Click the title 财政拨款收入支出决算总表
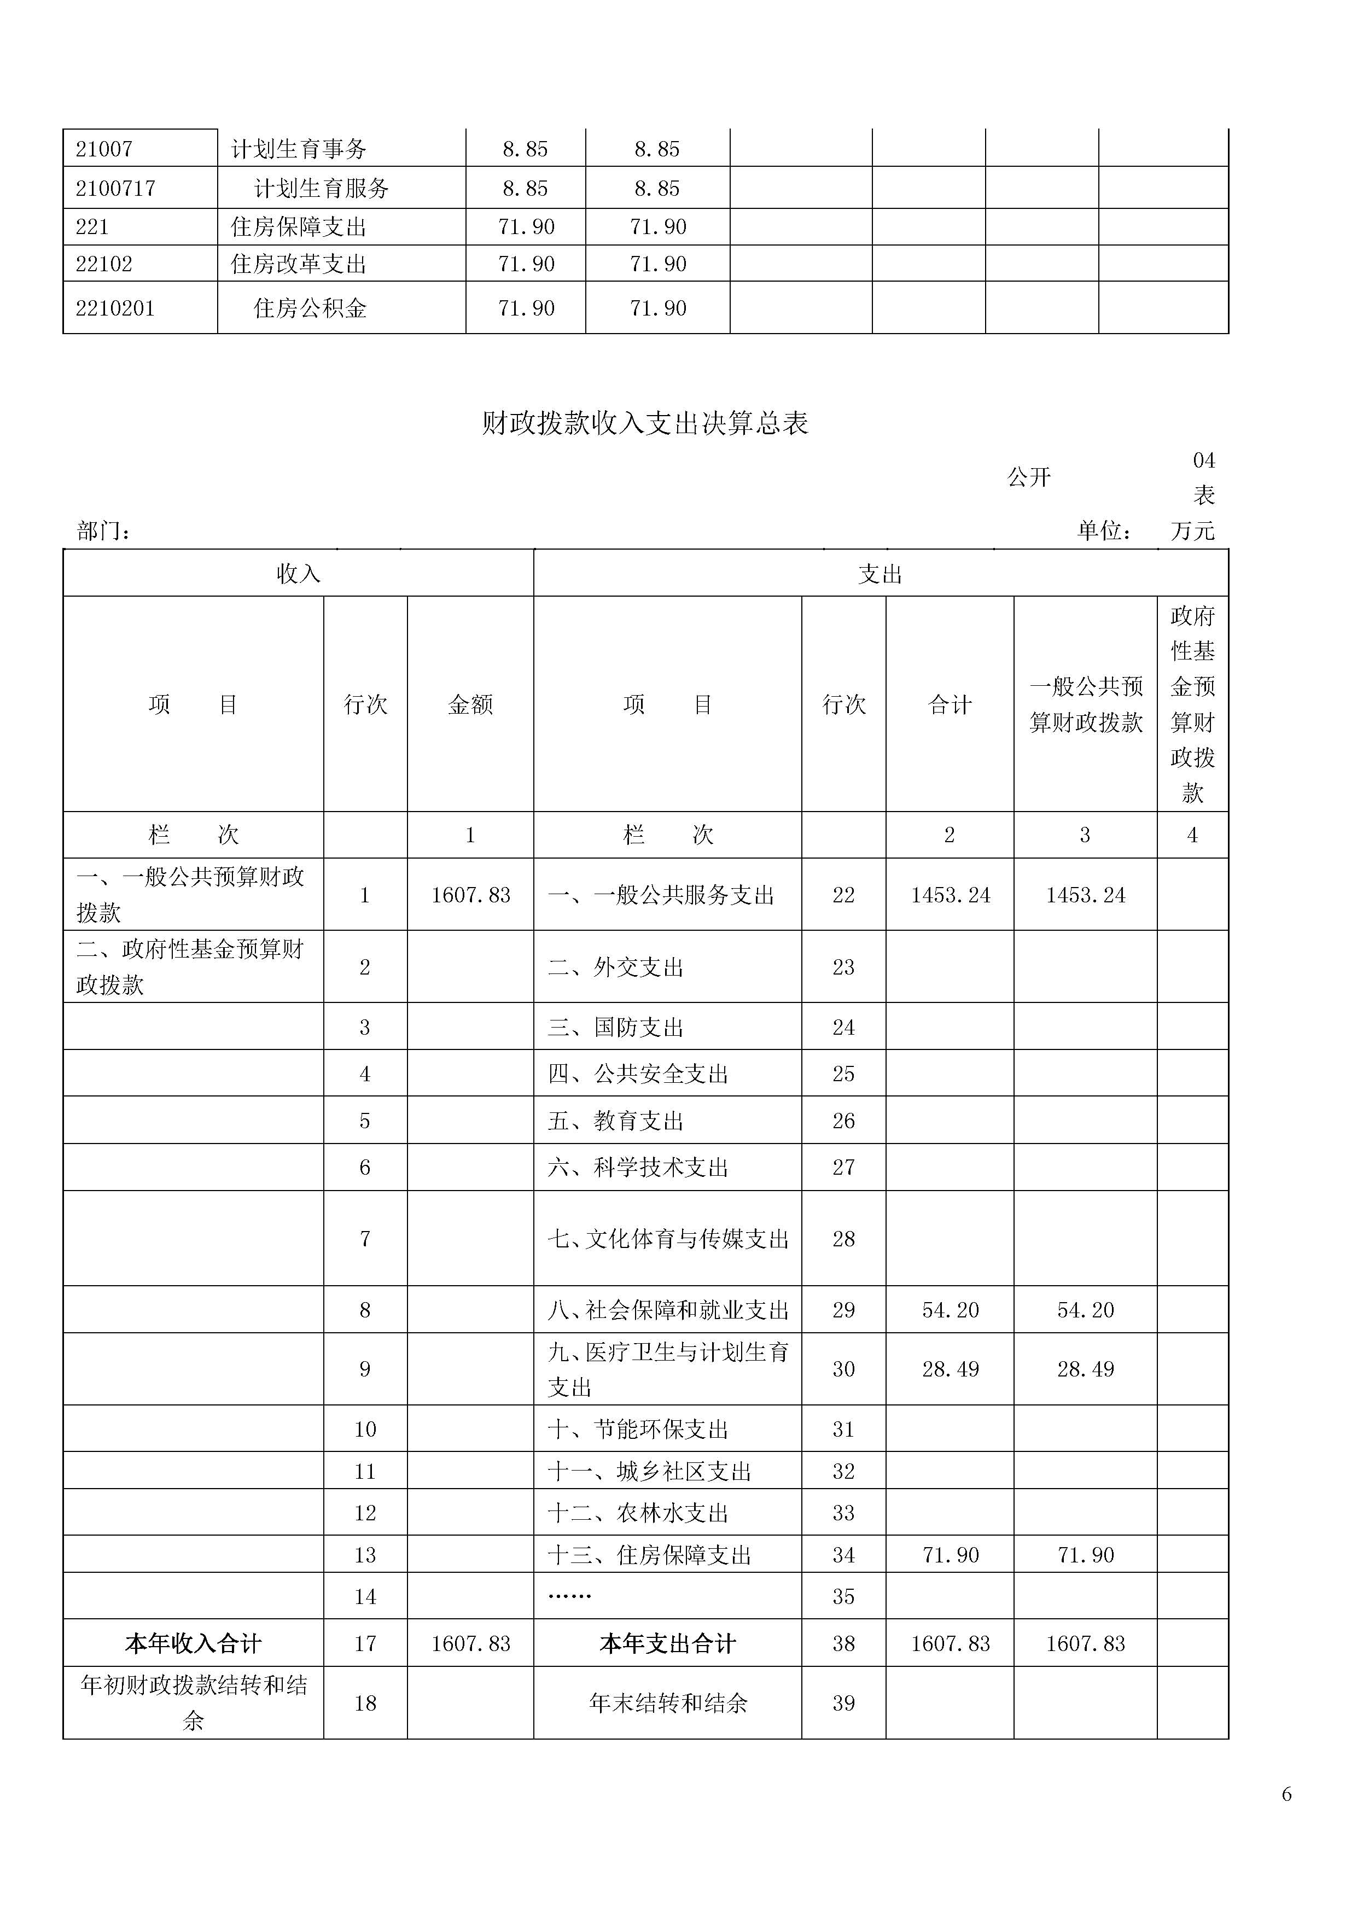[645, 424]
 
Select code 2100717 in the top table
[115, 188]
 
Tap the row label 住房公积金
[310, 308]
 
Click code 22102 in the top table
[104, 264]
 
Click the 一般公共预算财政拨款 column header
[1085, 704]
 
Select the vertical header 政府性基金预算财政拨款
[1192, 704]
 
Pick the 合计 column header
[950, 704]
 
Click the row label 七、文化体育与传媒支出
[668, 1239]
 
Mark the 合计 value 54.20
[950, 1310]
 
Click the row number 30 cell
[843, 1369]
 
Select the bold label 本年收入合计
[193, 1643]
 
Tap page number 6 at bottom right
[1286, 1794]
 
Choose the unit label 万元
[1192, 530]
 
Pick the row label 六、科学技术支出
[638, 1167]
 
